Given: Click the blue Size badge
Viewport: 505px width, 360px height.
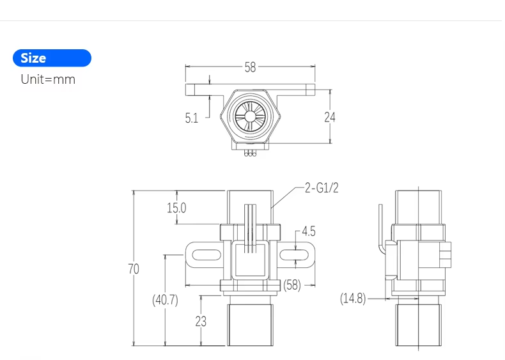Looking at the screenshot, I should click(x=52, y=58).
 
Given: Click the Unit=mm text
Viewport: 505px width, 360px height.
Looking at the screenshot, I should click(x=48, y=79).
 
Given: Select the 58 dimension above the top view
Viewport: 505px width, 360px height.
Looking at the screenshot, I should click(x=250, y=67).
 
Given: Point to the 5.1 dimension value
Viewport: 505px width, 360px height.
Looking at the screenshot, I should click(x=192, y=118).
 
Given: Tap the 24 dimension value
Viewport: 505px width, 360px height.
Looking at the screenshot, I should click(x=329, y=117).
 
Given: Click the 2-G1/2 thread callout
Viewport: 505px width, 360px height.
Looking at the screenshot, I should click(x=321, y=187).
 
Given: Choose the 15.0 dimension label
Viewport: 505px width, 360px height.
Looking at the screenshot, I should click(x=176, y=208).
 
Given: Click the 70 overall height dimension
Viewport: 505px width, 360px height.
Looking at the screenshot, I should click(x=133, y=269).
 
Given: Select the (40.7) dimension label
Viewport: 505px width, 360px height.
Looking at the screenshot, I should click(x=165, y=299).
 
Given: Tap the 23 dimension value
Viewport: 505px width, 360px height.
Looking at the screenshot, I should click(x=201, y=321).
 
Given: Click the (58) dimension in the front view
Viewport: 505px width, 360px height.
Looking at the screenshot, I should click(x=292, y=285).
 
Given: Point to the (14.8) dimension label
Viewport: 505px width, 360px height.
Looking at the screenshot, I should click(x=353, y=298).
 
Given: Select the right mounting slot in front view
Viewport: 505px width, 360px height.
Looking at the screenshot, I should click(x=293, y=256).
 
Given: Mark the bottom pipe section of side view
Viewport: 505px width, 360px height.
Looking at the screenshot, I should click(x=418, y=324).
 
